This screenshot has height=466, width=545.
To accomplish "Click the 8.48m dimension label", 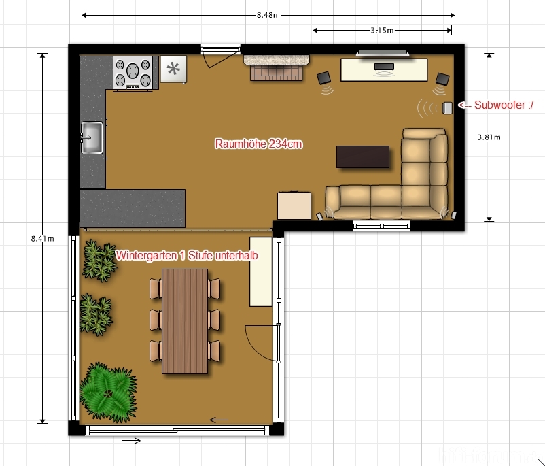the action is point(268,15).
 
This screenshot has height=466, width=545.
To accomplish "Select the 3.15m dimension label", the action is point(382,31).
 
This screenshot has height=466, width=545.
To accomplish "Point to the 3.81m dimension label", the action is point(489,137).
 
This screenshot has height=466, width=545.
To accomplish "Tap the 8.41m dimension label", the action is point(42,238).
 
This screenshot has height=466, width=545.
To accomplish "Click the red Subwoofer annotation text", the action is point(495,105).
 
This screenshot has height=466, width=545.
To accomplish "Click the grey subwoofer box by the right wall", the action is point(447,108).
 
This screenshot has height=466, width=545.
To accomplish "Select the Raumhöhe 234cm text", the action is point(259,144).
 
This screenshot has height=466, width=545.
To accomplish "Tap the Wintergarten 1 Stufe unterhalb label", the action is point(187,255).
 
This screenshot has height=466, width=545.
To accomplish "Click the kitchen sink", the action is point(92,137).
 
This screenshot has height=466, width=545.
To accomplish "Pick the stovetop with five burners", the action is point(133,73).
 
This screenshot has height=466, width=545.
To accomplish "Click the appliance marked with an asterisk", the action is point(173,69).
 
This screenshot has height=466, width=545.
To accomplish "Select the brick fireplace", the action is point(277,67).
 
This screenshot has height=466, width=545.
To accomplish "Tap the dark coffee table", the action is point(362,156).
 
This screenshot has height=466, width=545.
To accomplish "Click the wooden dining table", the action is point(185,321).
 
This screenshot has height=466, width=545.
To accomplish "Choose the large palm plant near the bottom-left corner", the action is point(109,392).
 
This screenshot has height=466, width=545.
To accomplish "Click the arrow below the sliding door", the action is point(131,441).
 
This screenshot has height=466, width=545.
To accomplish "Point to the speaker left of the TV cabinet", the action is point(324,78).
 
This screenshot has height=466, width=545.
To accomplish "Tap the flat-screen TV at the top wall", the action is point(383,53).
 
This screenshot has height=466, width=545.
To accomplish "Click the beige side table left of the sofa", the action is point(294,205).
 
